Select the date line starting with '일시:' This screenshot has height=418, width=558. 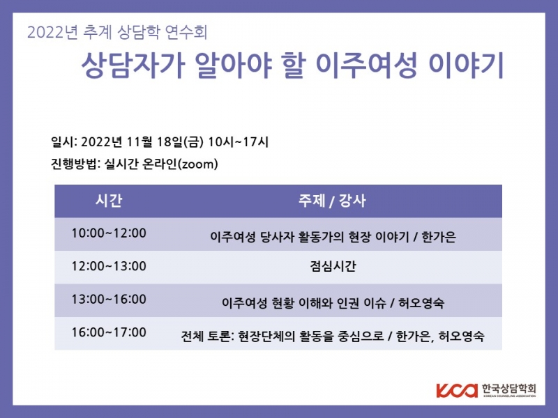click(160, 142)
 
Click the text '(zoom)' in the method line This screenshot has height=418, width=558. click(197, 164)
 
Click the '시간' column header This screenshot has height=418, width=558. click(108, 201)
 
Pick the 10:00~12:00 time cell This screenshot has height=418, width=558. click(109, 233)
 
